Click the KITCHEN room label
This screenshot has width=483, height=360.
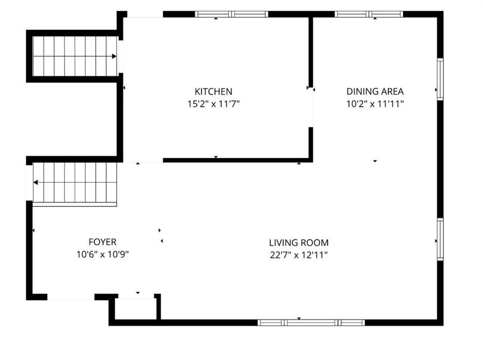(x=214, y=91)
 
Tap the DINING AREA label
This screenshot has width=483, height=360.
(x=375, y=91)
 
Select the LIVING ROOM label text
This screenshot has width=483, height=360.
(x=299, y=243)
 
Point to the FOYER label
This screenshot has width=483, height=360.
(x=102, y=242)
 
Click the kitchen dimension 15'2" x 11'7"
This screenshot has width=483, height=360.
(x=214, y=104)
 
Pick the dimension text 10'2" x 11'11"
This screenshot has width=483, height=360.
(x=375, y=104)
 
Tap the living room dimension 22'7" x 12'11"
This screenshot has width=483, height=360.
(x=299, y=255)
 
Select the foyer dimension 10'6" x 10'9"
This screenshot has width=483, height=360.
(x=102, y=254)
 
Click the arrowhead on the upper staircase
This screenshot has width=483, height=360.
(x=114, y=56)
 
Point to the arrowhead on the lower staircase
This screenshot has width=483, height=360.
(x=35, y=182)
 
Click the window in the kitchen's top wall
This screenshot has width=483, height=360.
(x=232, y=14)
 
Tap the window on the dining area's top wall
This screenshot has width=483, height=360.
(x=369, y=14)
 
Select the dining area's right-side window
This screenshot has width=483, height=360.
(x=440, y=79)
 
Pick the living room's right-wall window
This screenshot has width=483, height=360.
(x=440, y=239)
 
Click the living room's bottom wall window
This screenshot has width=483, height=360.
(x=311, y=322)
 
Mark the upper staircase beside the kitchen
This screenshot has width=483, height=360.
(x=75, y=56)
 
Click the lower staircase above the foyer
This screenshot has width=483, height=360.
(x=75, y=183)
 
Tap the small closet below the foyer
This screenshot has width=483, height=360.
(x=136, y=309)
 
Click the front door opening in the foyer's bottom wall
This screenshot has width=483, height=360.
(x=71, y=297)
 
